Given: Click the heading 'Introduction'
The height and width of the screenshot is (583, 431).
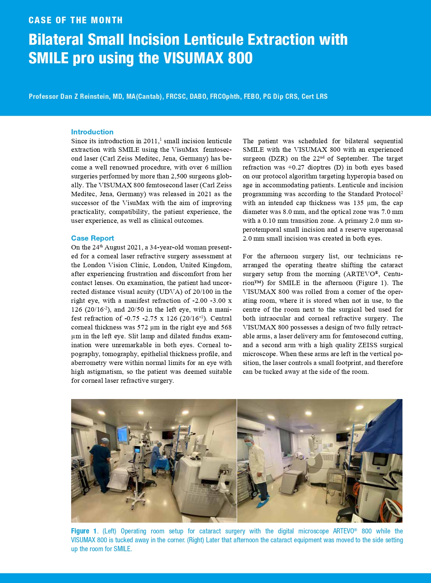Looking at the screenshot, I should [x=92, y=132].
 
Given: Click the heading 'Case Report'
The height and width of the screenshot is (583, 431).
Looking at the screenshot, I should [x=92, y=238].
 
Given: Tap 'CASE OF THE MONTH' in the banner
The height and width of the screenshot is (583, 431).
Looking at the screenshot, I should [x=76, y=20].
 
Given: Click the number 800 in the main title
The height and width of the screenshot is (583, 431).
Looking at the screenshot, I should [x=240, y=58].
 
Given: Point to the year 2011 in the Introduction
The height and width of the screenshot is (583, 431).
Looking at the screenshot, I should [x=150, y=141].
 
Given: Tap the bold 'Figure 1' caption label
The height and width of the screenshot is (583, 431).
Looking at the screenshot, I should [x=84, y=531].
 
